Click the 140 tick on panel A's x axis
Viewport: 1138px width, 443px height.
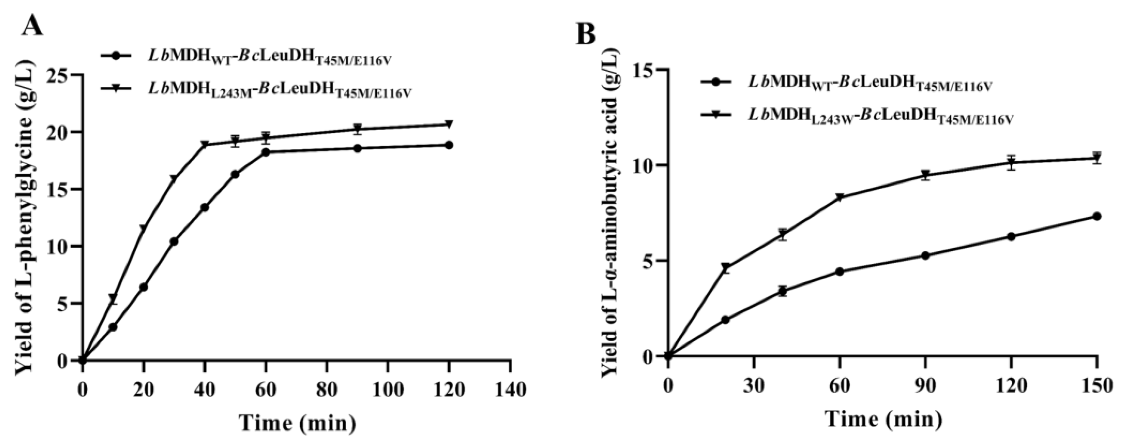tap(510, 390)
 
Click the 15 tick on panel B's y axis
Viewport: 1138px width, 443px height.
tap(645, 70)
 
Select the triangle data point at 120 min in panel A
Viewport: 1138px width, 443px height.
tap(449, 124)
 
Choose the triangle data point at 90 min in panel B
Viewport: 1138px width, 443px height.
tap(925, 175)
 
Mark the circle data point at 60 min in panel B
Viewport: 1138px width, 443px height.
tap(840, 271)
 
